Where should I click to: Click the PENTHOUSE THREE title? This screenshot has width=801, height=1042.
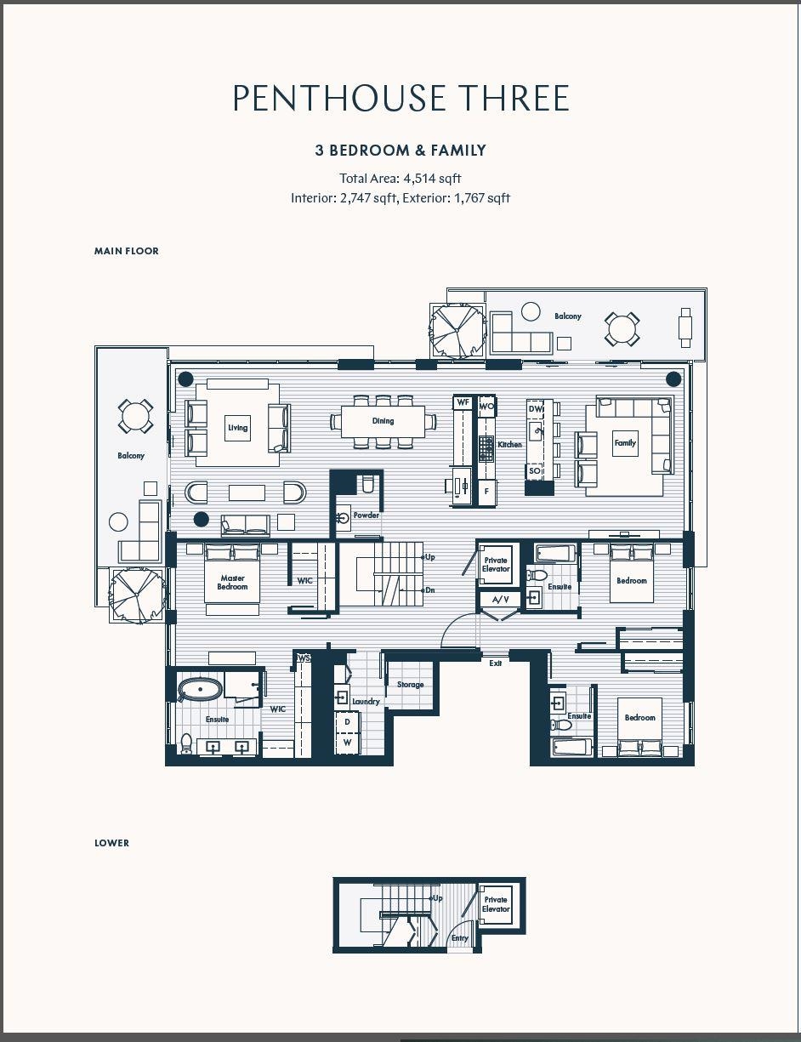pyautogui.click(x=400, y=99)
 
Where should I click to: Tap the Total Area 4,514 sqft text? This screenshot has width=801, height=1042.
pyautogui.click(x=400, y=179)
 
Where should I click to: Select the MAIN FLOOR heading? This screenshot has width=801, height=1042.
pyautogui.click(x=126, y=251)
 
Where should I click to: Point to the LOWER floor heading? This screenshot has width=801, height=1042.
pyautogui.click(x=111, y=843)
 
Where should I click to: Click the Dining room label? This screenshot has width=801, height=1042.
pyautogui.click(x=383, y=421)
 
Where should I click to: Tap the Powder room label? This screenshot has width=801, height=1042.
pyautogui.click(x=366, y=515)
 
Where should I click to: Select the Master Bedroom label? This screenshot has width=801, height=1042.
pyautogui.click(x=232, y=582)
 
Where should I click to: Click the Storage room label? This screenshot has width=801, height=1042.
pyautogui.click(x=411, y=684)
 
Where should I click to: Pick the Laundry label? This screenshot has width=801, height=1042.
pyautogui.click(x=366, y=701)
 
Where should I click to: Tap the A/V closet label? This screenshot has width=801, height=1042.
pyautogui.click(x=500, y=600)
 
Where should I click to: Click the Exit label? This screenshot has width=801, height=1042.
pyautogui.click(x=496, y=663)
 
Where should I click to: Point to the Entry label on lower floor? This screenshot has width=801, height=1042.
pyautogui.click(x=460, y=937)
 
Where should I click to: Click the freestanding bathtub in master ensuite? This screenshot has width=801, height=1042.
pyautogui.click(x=201, y=690)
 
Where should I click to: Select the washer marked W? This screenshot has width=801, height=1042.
pyautogui.click(x=348, y=743)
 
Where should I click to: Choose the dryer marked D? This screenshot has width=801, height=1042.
pyautogui.click(x=348, y=722)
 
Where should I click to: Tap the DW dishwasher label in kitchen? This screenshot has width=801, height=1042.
pyautogui.click(x=536, y=409)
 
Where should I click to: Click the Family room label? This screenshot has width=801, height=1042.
pyautogui.click(x=625, y=442)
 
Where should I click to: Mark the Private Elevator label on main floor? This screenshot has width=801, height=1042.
pyautogui.click(x=496, y=565)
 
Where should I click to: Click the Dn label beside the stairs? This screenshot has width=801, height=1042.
pyautogui.click(x=430, y=589)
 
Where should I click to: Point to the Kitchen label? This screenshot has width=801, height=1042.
pyautogui.click(x=509, y=445)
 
